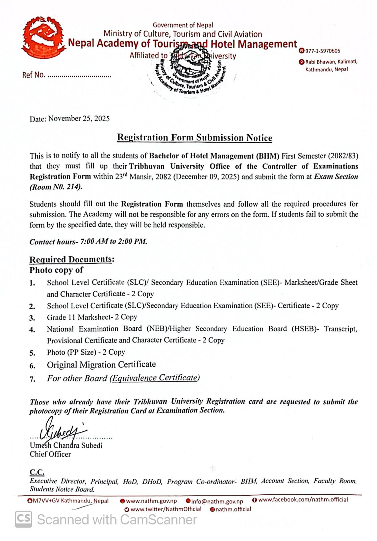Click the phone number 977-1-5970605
pos(323,51)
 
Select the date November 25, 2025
pos(79,119)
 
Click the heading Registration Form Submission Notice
pos(194,138)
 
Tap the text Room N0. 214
pos(56,187)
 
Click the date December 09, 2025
pos(206,177)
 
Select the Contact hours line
pos(88,241)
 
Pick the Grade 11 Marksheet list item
pos(92,317)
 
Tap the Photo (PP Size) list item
pos(86,352)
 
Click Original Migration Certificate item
pos(101,365)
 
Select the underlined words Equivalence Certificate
pos(155,378)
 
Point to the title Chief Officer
pos(50,454)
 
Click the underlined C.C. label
pos(37,472)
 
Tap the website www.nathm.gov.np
pos(151,501)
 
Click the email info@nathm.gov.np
pos(217,501)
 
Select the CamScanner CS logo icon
pos(24,519)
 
